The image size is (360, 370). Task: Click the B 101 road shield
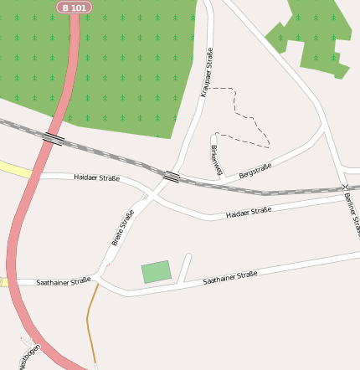tap(74, 8)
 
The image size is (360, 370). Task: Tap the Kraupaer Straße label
tap(207, 73)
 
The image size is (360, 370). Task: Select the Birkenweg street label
tap(217, 159)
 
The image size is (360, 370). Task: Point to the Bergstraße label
tap(255, 172)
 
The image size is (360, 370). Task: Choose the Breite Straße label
tap(123, 228)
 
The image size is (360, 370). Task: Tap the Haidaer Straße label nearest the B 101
tap(96, 177)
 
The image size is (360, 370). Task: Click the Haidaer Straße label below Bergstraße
tap(249, 213)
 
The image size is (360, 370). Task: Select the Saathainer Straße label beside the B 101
tap(63, 282)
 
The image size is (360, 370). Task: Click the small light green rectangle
tap(157, 272)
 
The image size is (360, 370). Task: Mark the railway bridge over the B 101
tap(53, 138)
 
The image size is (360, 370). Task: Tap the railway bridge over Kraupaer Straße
tap(172, 177)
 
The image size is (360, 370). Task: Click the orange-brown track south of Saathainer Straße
tap(89, 322)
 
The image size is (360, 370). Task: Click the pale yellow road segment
tap(15, 169)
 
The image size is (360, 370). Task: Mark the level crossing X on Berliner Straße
tap(346, 186)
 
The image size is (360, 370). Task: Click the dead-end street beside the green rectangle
tap(185, 268)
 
